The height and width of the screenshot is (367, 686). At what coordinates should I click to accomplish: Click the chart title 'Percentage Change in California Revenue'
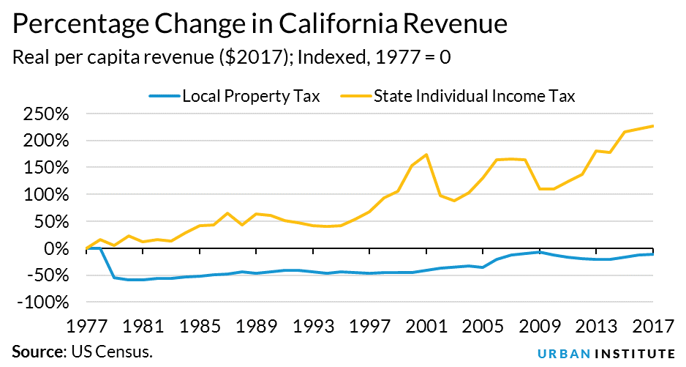260,25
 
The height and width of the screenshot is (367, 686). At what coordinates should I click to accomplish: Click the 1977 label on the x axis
86,325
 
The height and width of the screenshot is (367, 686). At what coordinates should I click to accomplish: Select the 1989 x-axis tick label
256,325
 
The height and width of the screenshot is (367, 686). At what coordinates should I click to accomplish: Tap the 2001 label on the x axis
426,325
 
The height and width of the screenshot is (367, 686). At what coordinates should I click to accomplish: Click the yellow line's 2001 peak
426,155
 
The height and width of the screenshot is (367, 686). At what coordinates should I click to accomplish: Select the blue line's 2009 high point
540,251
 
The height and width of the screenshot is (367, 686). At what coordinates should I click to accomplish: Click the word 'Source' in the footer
34,352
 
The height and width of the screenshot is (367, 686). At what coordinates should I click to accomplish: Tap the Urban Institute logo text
606,352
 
